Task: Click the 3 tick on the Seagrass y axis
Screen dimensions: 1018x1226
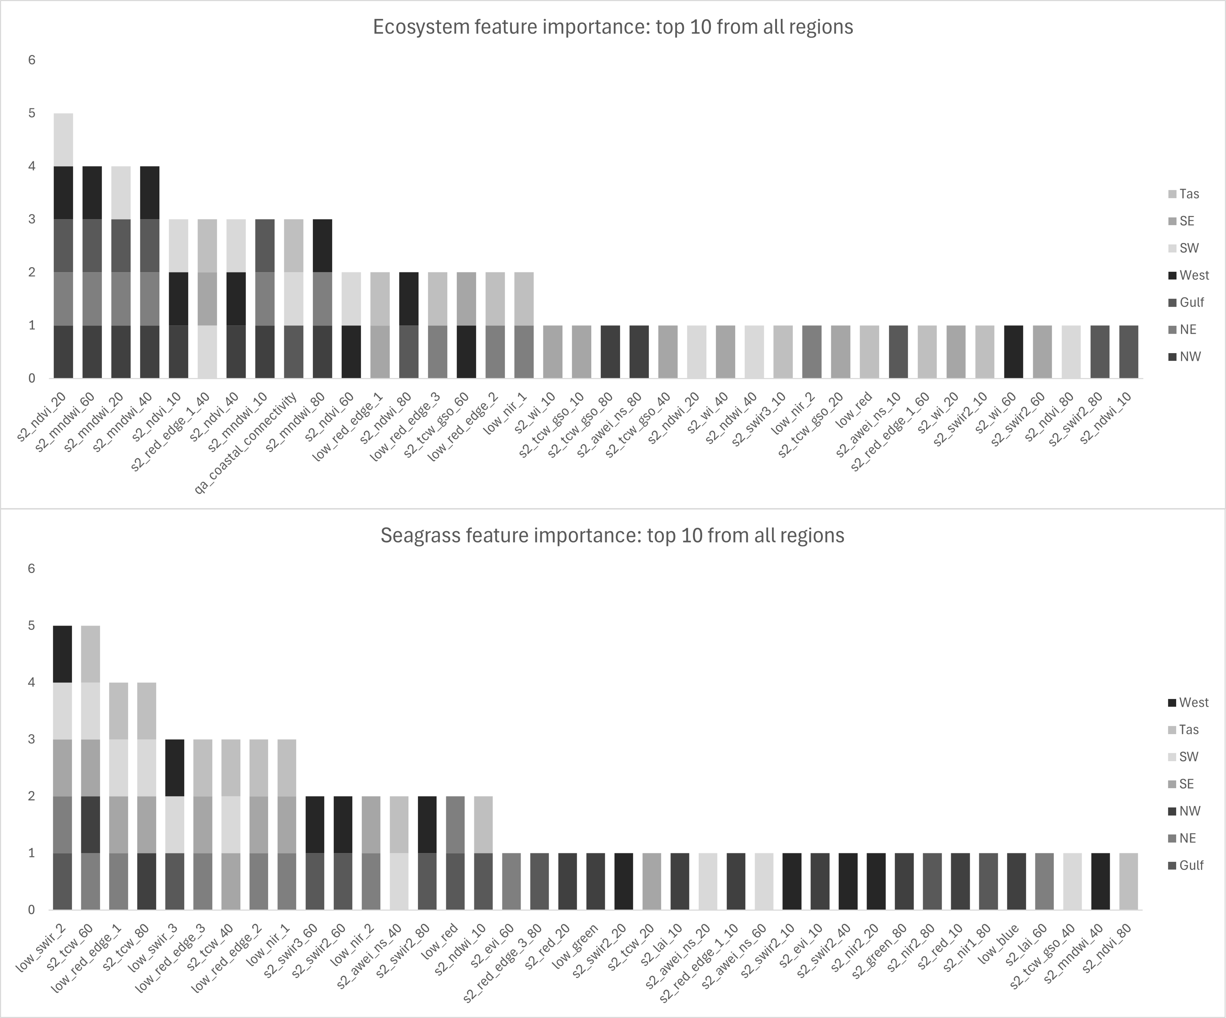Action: (x=31, y=739)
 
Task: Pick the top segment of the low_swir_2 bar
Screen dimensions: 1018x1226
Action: (x=62, y=654)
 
